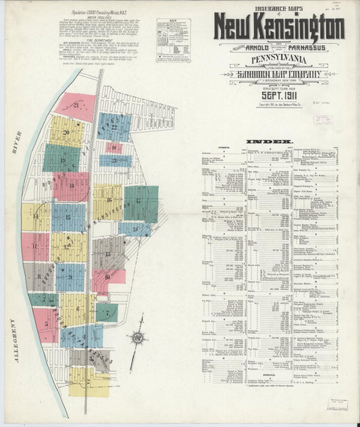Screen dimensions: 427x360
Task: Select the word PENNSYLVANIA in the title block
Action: [x=279, y=59]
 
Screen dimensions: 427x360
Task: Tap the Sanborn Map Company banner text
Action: [x=279, y=74]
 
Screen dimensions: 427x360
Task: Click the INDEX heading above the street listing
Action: [x=278, y=141]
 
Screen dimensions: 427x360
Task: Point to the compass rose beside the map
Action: [x=138, y=337]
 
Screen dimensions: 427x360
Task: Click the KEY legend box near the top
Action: [x=174, y=41]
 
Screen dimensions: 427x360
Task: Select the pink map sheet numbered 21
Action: [x=76, y=106]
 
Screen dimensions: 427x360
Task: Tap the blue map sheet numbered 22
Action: [x=115, y=126]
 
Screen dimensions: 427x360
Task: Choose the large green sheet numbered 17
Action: [x=140, y=203]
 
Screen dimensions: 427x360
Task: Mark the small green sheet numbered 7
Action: [x=107, y=311]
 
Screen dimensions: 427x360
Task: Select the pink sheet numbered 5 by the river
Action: [x=46, y=324]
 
